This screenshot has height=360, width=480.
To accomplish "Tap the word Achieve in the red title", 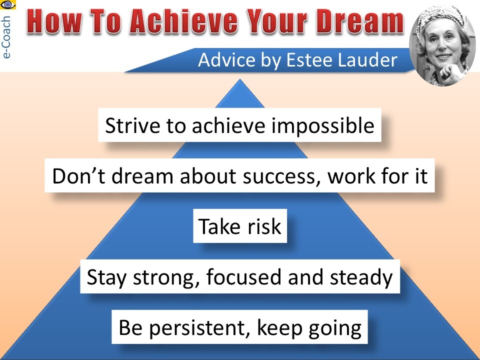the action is pyautogui.click(x=183, y=21).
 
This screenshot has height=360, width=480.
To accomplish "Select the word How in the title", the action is pyautogui.click(x=54, y=21).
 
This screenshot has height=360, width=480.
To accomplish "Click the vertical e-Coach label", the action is pyautogui.click(x=6, y=37).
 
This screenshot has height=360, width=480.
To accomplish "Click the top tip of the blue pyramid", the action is pyautogui.click(x=240, y=79).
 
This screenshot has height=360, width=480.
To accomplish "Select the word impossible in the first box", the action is pyautogui.click(x=323, y=126).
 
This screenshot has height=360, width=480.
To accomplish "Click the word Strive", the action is pyautogui.click(x=132, y=125).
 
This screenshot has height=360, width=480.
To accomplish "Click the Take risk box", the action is pyautogui.click(x=240, y=226).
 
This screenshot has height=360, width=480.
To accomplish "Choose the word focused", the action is pyautogui.click(x=243, y=276).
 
